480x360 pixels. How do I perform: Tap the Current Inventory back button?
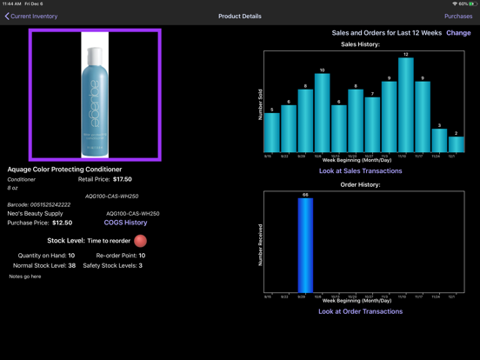(x=30, y=17)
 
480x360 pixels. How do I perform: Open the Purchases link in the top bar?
(x=458, y=17)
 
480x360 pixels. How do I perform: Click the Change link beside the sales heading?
(x=458, y=33)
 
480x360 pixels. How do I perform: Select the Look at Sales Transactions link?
(x=360, y=170)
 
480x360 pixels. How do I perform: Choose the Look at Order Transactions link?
(x=360, y=310)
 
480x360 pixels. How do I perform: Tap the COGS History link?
(x=125, y=223)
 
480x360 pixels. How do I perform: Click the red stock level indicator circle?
(x=140, y=240)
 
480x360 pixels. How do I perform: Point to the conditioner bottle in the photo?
(x=95, y=95)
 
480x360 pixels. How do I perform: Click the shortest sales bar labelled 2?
(x=456, y=144)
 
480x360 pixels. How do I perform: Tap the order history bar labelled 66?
(x=304, y=246)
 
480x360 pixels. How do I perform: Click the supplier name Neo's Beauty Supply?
(x=35, y=213)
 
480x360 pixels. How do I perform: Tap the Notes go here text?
(x=25, y=277)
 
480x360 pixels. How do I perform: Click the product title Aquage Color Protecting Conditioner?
(x=64, y=170)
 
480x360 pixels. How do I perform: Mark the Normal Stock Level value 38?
(x=71, y=265)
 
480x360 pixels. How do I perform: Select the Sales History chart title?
(x=360, y=43)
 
